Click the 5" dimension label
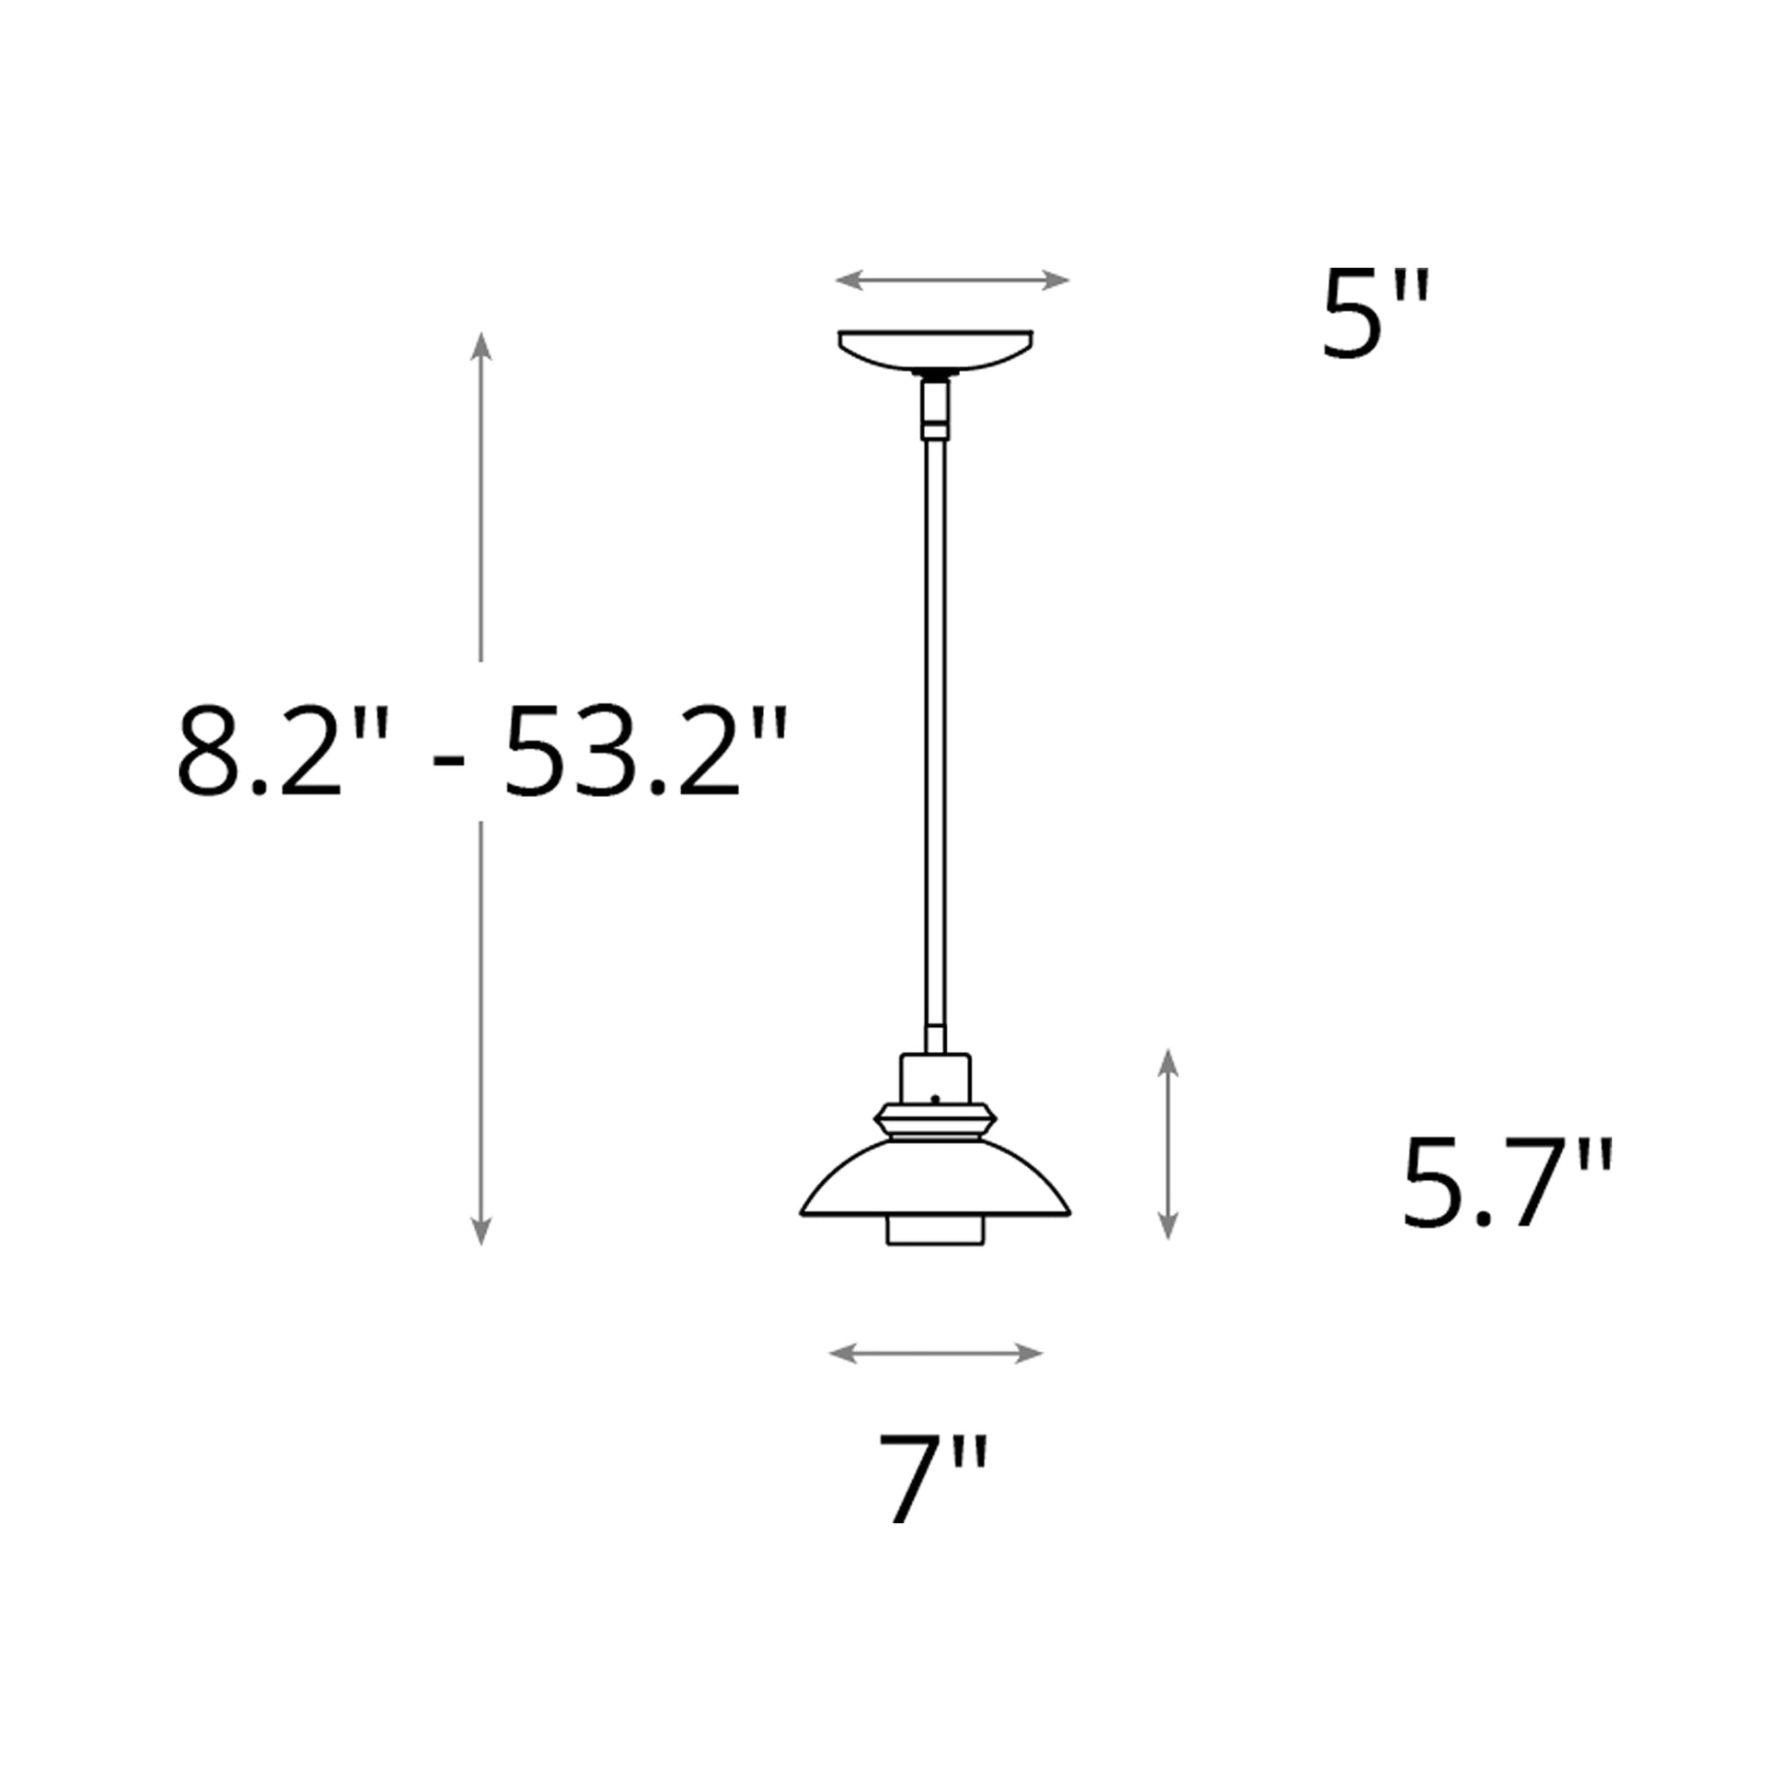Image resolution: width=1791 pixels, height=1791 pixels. pyautogui.click(x=1376, y=314)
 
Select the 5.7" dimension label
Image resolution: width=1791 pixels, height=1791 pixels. pyautogui.click(x=1508, y=1184)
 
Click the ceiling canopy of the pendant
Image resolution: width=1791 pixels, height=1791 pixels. pyautogui.click(x=934, y=348)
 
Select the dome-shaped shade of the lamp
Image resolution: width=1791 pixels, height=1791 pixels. pyautogui.click(x=934, y=1182)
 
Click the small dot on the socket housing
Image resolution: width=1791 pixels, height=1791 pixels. pyautogui.click(x=934, y=1100)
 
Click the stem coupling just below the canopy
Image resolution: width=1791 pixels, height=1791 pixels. pyautogui.click(x=934, y=408)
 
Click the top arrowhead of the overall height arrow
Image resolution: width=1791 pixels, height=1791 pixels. pyautogui.click(x=480, y=343)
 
